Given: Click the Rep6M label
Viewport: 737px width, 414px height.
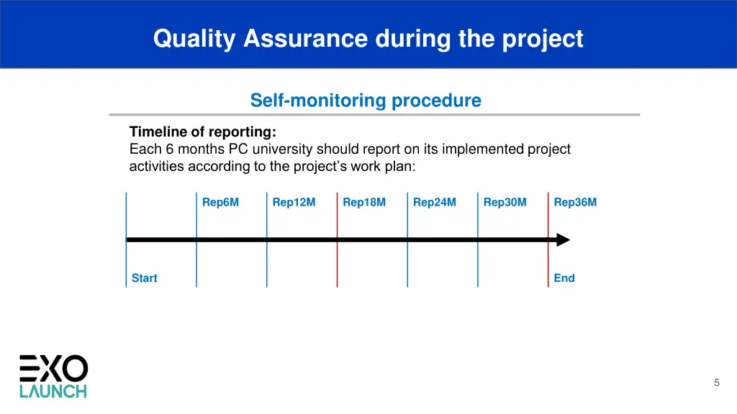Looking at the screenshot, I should pos(220,202).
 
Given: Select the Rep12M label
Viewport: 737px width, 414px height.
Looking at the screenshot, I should pos(294,202).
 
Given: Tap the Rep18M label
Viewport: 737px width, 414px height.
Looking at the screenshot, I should pos(364,202).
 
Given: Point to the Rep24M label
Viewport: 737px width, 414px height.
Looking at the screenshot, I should pos(435,202).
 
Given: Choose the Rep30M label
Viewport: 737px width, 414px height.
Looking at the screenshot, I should pos(505,202).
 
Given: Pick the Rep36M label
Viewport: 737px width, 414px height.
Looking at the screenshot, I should pos(575,202).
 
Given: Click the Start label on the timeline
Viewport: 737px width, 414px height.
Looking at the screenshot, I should pos(144,278).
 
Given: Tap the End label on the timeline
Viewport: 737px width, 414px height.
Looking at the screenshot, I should pos(564,278).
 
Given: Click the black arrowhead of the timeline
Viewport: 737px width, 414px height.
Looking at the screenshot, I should pos(562,239).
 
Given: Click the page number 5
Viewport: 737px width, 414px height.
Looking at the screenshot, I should pos(716,383).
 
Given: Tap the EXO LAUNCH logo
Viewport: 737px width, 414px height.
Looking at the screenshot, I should pos(53,376).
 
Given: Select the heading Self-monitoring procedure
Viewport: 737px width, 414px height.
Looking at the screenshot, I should pos(366,101).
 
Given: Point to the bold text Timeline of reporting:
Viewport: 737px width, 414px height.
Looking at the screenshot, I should pos(202,132).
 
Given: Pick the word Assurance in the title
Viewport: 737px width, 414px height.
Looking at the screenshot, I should pos(306,38).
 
